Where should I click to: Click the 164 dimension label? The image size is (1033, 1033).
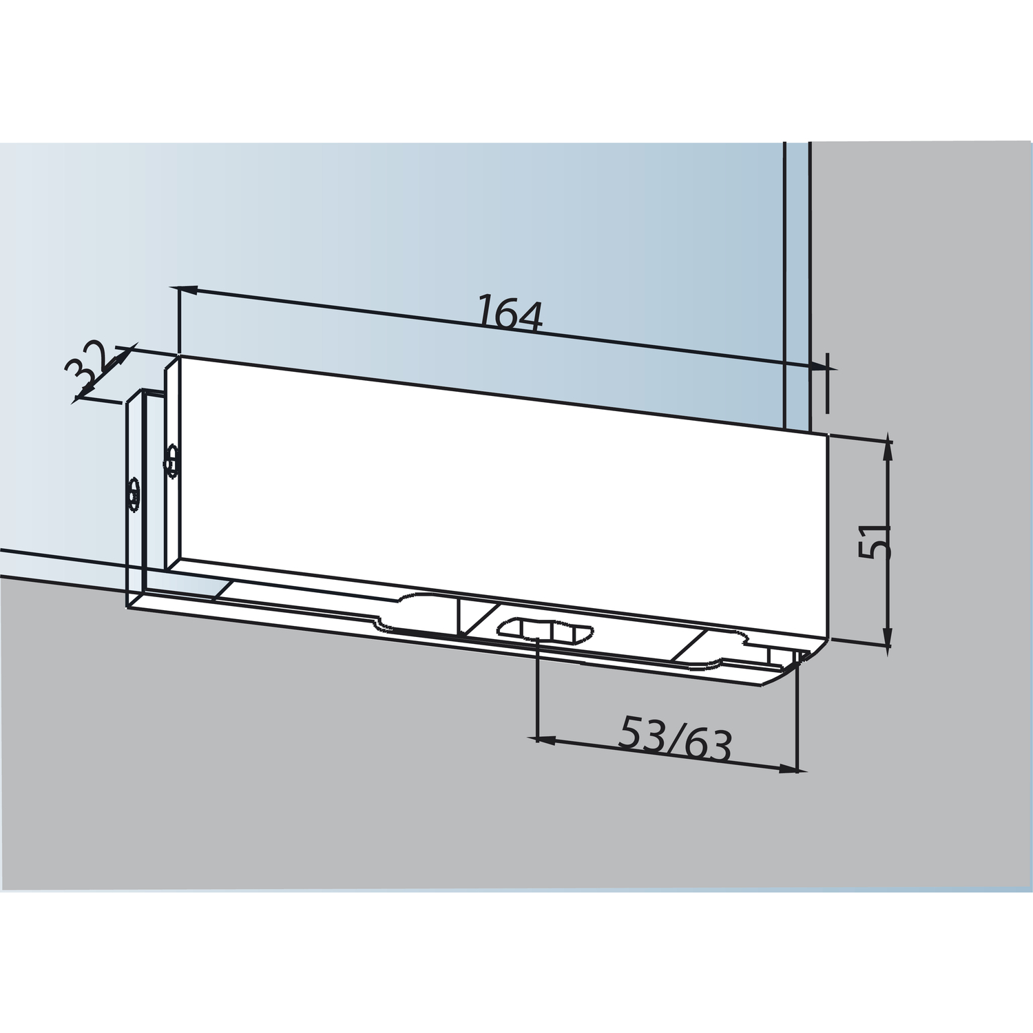pos(511,314)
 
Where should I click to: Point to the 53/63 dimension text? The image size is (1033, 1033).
pos(675,737)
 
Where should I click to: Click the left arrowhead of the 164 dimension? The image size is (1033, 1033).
pos(189,290)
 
